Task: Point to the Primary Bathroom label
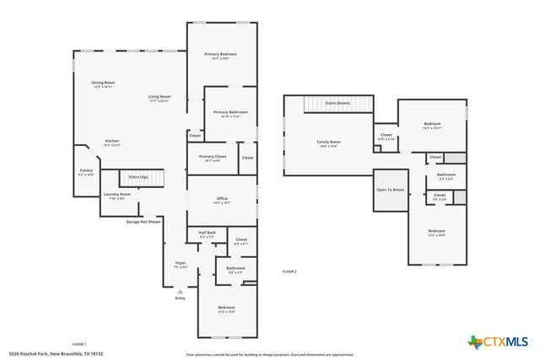click(229, 114)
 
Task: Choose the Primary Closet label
click(213, 158)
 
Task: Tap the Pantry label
click(86, 171)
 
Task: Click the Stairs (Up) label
click(138, 177)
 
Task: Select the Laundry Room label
click(117, 196)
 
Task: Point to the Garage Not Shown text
click(143, 222)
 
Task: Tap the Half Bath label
click(207, 234)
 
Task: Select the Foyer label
click(181, 264)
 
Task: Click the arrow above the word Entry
click(180, 291)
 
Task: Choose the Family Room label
click(328, 143)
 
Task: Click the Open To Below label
click(391, 190)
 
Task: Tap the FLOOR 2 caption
click(289, 271)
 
